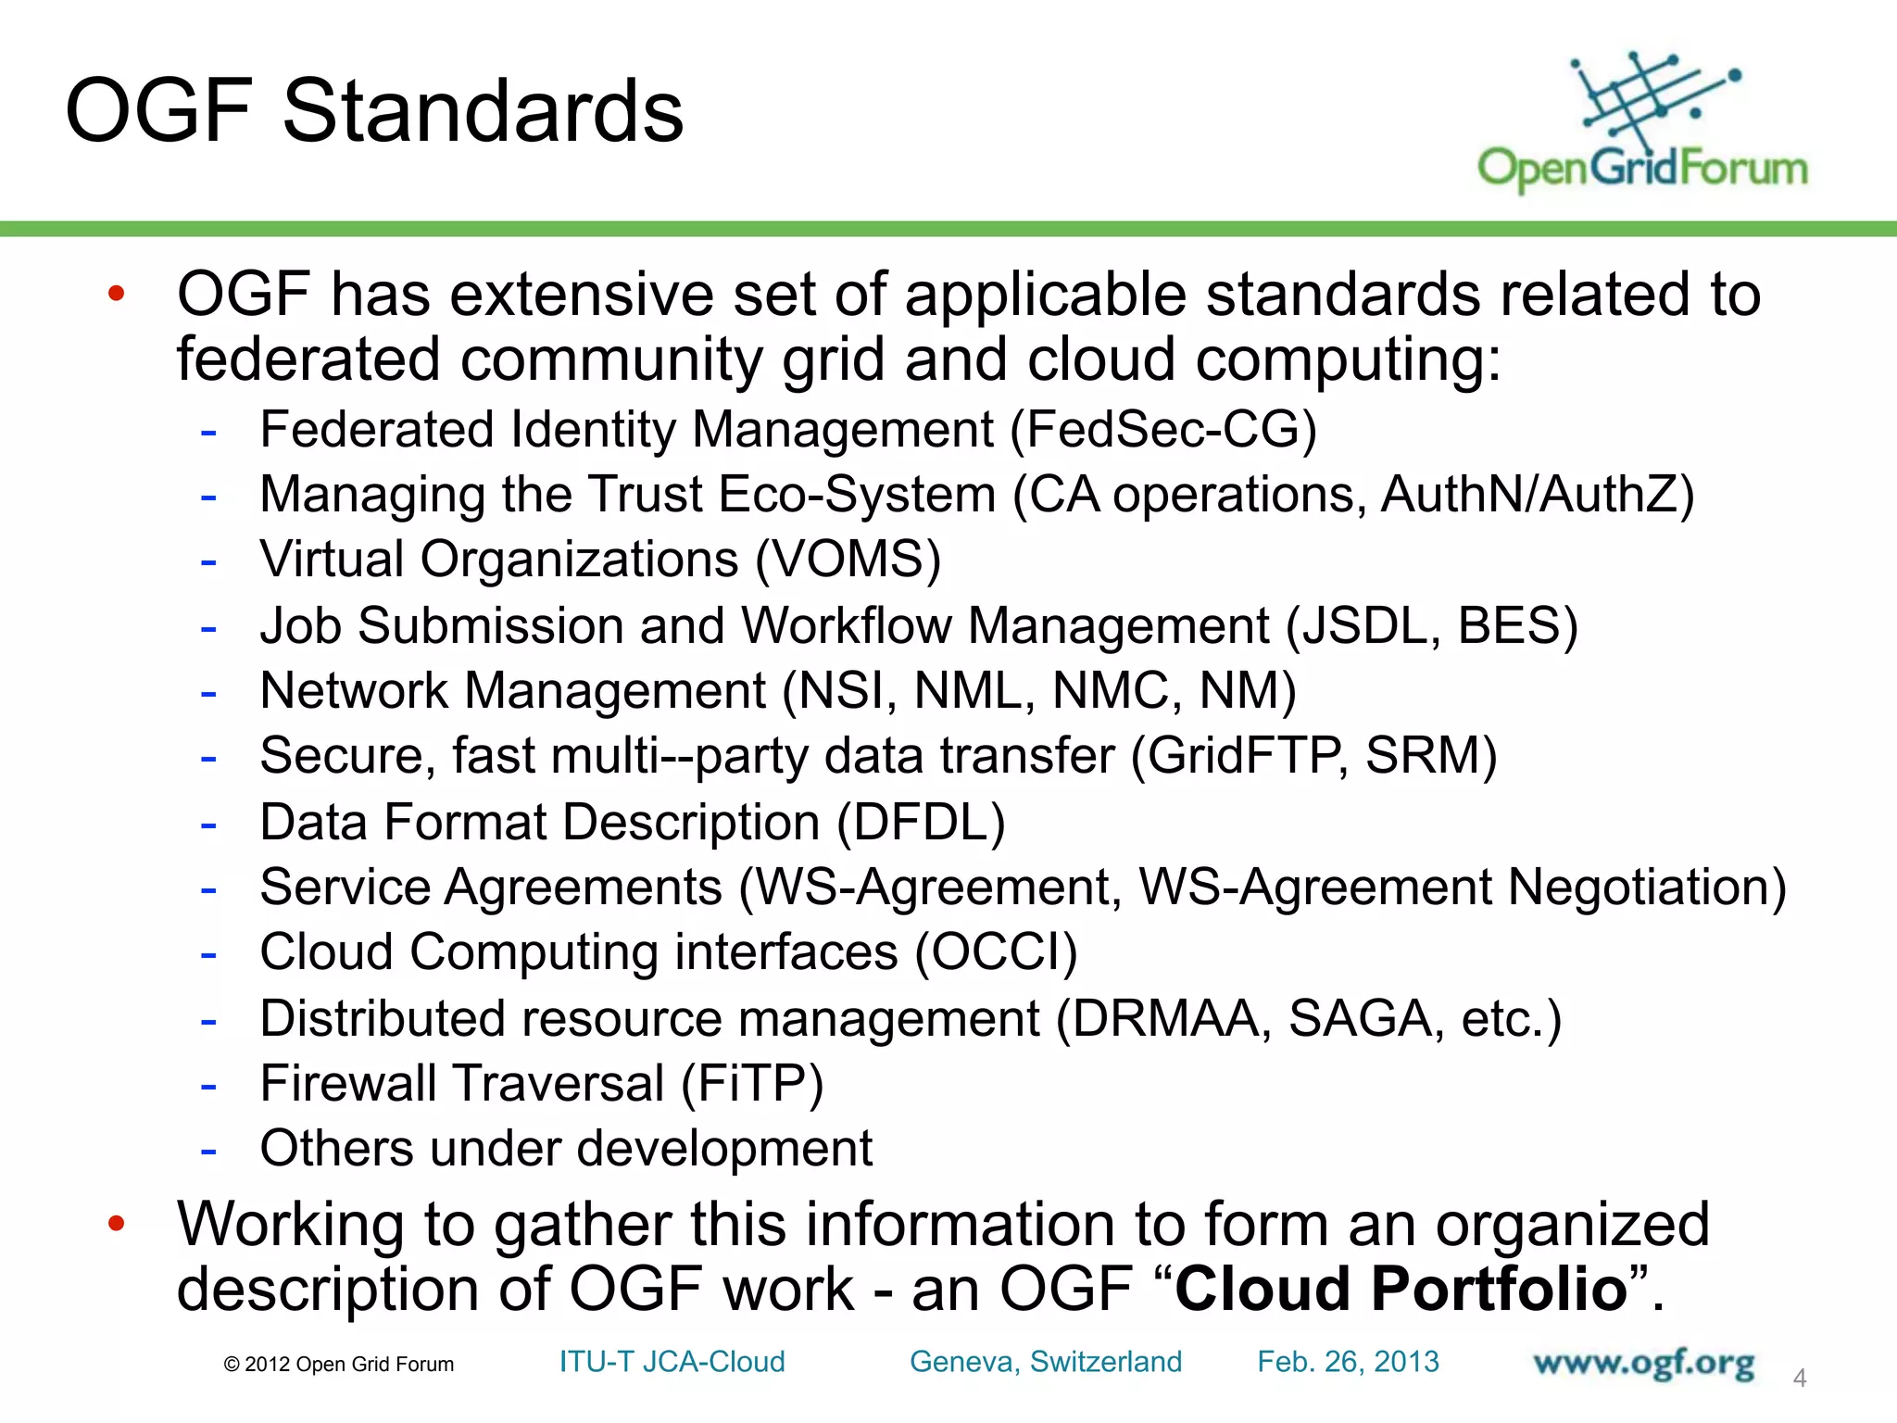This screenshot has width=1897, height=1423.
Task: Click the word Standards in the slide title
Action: pyautogui.click(x=483, y=111)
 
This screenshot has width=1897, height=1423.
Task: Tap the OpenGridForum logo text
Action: pyautogui.click(x=1642, y=169)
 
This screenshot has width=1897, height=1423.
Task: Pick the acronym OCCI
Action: pyautogui.click(x=996, y=952)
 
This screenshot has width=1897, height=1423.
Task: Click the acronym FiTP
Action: pyautogui.click(x=752, y=1084)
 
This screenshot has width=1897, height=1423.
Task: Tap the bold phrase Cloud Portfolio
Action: pyautogui.click(x=1401, y=1289)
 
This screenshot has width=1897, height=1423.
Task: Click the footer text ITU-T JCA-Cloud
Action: pyautogui.click(x=672, y=1362)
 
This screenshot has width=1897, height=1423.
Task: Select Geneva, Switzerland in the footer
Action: pyautogui.click(x=1046, y=1362)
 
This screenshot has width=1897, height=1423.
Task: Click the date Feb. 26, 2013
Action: pyautogui.click(x=1348, y=1362)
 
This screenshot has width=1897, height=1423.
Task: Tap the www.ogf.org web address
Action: pyautogui.click(x=1643, y=1364)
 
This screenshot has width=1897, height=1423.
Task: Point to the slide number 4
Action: pyautogui.click(x=1800, y=1379)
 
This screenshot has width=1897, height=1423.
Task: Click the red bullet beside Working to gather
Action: pyautogui.click(x=116, y=1223)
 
